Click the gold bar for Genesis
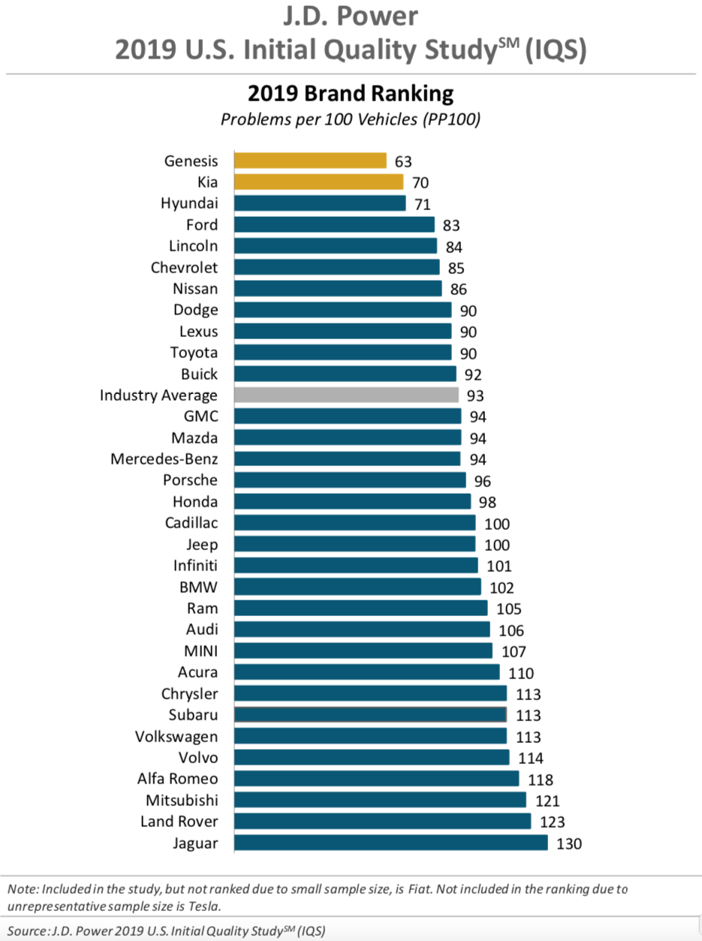pyautogui.click(x=310, y=161)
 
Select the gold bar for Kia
pyautogui.click(x=318, y=182)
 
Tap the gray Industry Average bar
pyautogui.click(x=346, y=395)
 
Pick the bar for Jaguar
pyautogui.click(x=390, y=843)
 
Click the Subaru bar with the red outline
pyautogui.click(x=370, y=714)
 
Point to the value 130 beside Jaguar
pyautogui.click(x=569, y=843)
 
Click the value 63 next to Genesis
pyautogui.click(x=403, y=161)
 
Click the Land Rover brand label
pyautogui.click(x=179, y=822)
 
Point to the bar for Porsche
pyautogui.click(x=350, y=480)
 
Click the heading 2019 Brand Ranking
pyautogui.click(x=351, y=94)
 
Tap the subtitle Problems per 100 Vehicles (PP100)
pyautogui.click(x=351, y=119)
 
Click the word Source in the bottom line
pyautogui.click(x=29, y=931)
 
